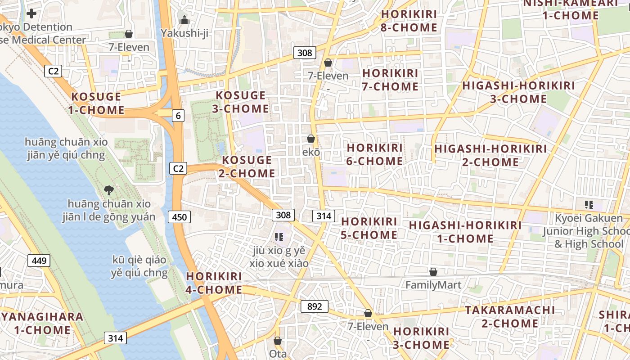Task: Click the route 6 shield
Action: click(178, 116)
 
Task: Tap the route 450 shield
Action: click(179, 217)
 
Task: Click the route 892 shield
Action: click(314, 306)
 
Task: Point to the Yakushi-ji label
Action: click(184, 33)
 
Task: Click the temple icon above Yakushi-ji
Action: click(184, 20)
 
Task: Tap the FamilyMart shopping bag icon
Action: click(433, 272)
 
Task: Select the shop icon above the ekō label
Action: click(310, 139)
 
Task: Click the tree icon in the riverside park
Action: click(108, 190)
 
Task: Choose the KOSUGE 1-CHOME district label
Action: click(96, 103)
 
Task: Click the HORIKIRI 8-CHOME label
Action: click(409, 21)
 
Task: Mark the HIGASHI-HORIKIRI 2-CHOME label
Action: click(490, 155)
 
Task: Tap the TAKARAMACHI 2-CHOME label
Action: click(510, 316)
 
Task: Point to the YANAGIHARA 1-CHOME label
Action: click(42, 323)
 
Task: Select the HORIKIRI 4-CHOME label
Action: click(214, 283)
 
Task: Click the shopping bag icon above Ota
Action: click(278, 341)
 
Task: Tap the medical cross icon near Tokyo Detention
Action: click(31, 13)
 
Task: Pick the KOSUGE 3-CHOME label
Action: click(241, 102)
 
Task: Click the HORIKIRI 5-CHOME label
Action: click(369, 228)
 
